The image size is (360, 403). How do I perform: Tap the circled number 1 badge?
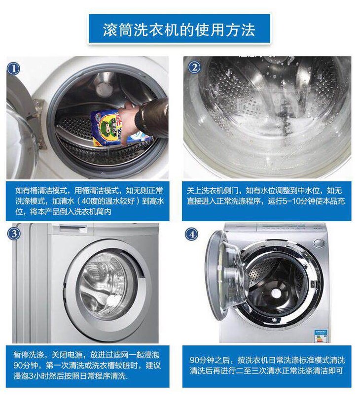13,68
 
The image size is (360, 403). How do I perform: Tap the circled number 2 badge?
194,67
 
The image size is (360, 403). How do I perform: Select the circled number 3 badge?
14,234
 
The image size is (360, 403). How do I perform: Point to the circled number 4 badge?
192,234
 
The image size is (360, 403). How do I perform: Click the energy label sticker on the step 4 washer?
321,336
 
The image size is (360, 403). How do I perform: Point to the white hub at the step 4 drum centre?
276,293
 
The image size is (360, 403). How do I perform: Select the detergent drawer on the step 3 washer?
73,228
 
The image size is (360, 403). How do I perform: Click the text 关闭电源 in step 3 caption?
68,355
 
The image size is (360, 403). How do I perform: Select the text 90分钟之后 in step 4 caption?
210,360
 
